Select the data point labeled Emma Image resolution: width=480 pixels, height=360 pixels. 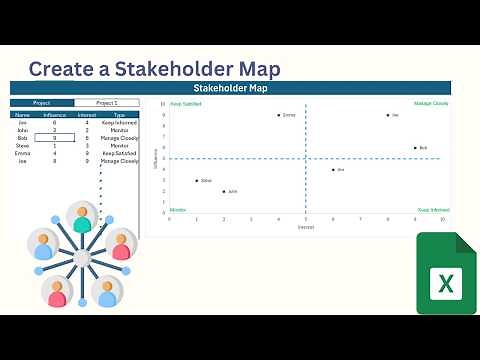(x=278, y=115)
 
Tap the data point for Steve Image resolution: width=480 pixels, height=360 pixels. (x=196, y=180)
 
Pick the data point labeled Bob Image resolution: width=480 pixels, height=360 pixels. (x=415, y=148)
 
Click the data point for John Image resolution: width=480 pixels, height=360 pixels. (x=223, y=191)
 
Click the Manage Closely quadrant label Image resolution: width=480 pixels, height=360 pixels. (x=431, y=103)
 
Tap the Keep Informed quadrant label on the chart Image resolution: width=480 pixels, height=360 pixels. (x=432, y=210)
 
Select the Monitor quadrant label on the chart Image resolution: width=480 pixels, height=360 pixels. (x=178, y=210)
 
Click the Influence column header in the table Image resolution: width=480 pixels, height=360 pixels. (x=54, y=115)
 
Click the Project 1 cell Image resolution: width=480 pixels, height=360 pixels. (x=106, y=102)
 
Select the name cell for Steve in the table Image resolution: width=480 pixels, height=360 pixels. (x=22, y=145)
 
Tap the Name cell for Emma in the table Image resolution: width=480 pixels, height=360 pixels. (x=22, y=153)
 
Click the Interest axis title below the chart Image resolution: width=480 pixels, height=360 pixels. (x=306, y=227)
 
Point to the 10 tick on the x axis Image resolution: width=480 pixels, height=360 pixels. (x=442, y=219)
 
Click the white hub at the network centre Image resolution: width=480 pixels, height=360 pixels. (x=82, y=258)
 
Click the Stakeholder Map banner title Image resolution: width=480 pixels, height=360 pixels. (x=230, y=88)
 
